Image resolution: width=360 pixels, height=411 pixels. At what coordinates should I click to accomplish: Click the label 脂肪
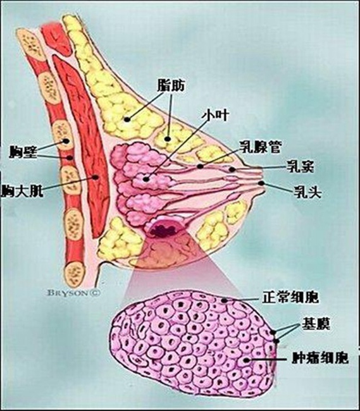[171, 85]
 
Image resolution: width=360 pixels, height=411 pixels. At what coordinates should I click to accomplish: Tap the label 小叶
[215, 116]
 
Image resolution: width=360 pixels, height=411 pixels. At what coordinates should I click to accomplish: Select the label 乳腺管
[260, 147]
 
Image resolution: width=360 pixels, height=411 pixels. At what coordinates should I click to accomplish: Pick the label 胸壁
[23, 152]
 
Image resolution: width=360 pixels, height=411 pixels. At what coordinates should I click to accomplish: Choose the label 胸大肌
[22, 191]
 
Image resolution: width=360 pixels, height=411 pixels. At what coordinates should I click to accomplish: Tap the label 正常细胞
[290, 297]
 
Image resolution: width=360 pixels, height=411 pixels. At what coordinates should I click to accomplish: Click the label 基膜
[316, 324]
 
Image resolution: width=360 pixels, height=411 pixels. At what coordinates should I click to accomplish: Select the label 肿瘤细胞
[320, 357]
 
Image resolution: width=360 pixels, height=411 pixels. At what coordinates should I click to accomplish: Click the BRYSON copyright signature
[73, 293]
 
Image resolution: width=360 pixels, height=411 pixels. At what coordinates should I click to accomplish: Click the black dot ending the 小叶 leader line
[146, 180]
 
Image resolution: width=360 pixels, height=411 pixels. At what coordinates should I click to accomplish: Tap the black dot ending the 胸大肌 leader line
[96, 177]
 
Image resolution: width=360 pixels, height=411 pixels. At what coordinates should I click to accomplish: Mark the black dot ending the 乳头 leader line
[261, 183]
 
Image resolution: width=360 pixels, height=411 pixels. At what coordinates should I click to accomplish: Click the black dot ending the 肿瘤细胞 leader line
[246, 360]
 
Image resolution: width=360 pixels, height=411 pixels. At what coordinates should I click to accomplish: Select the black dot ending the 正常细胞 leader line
[224, 300]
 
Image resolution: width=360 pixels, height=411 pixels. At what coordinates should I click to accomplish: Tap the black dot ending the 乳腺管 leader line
[201, 166]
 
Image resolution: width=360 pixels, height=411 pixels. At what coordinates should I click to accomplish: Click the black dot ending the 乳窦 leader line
[232, 169]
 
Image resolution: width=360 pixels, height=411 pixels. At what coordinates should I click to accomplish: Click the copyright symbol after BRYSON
[95, 293]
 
